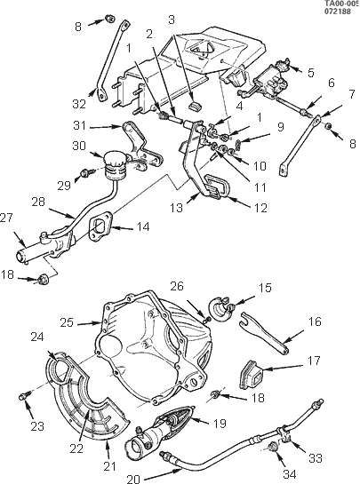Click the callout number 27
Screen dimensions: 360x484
click(x=7, y=218)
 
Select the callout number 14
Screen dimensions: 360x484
click(x=142, y=226)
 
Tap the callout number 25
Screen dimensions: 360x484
click(x=67, y=322)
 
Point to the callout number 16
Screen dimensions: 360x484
click(x=315, y=321)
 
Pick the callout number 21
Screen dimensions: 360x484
click(x=109, y=466)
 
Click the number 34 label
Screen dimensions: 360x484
click(x=290, y=474)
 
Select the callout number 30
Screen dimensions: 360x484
click(x=79, y=146)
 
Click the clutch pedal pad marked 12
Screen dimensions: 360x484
click(x=218, y=186)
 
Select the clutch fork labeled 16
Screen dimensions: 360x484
click(x=264, y=333)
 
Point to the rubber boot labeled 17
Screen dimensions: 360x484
click(x=252, y=374)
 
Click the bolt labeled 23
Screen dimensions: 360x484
click(x=25, y=395)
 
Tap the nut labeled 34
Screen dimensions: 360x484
click(x=273, y=446)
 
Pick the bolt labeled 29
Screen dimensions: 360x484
click(x=84, y=174)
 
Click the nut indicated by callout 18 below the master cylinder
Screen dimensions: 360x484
click(x=42, y=279)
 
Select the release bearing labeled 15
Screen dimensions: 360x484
click(x=220, y=309)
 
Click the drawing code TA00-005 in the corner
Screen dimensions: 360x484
click(x=341, y=4)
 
